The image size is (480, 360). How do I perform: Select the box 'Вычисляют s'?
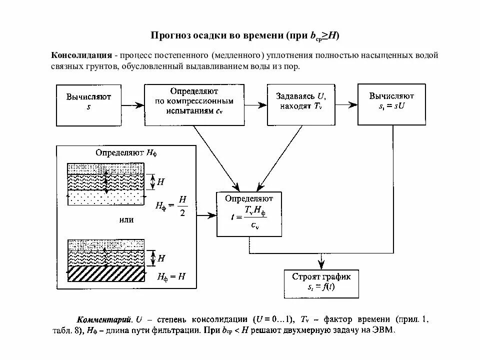(x=89, y=105)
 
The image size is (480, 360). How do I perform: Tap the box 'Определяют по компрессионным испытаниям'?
(x=194, y=104)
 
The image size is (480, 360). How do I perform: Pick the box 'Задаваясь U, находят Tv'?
(x=300, y=104)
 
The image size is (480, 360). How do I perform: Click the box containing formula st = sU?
(x=391, y=104)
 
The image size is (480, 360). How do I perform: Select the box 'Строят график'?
(x=321, y=283)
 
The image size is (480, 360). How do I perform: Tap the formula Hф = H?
(x=171, y=276)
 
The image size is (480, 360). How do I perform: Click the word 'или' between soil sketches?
(x=127, y=219)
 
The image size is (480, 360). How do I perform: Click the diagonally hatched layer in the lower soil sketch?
(x=106, y=274)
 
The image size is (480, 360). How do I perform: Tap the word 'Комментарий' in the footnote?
(x=104, y=319)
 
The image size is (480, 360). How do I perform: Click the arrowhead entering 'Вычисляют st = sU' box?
(x=353, y=104)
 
